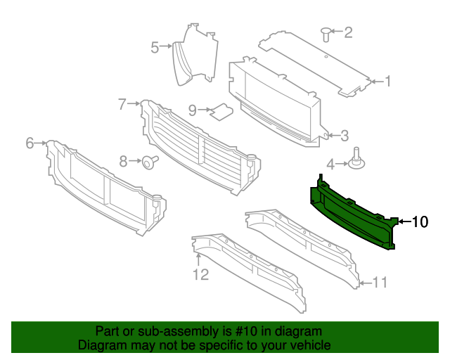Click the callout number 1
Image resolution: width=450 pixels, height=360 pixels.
point(387,82)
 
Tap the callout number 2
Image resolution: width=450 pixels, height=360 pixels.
point(347,32)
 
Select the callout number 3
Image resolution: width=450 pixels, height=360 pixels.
point(345,135)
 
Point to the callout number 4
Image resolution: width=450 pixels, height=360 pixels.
point(329,165)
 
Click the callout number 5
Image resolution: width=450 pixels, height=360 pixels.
point(155,47)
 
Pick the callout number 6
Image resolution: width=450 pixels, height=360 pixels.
point(30,143)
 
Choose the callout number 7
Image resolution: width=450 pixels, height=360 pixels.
point(122,104)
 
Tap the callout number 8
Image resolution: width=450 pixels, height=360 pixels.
point(123,162)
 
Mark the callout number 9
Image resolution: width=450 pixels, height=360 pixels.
point(192,110)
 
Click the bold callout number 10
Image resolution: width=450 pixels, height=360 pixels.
point(419,222)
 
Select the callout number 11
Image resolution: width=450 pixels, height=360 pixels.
point(380,283)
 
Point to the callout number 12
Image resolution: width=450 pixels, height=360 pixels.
point(201,274)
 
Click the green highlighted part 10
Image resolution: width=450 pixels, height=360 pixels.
point(352,211)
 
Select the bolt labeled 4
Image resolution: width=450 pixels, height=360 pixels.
point(359,160)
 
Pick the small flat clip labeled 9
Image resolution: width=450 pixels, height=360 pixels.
point(224,110)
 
